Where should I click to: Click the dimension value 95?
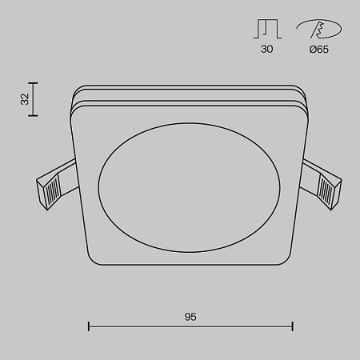click(x=190, y=317)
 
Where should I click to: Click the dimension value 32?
click(x=25, y=99)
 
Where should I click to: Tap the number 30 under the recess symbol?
click(x=266, y=50)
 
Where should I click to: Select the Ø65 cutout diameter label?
click(x=318, y=50)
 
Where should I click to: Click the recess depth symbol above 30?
click(x=266, y=29)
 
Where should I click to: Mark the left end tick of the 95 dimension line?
click(x=88, y=326)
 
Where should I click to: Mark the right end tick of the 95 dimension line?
click(x=293, y=326)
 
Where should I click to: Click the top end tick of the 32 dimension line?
click(x=33, y=82)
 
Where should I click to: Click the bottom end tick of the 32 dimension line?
click(x=33, y=116)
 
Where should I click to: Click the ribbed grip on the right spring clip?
click(x=329, y=190)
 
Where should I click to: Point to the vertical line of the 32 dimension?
click(x=33, y=99)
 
